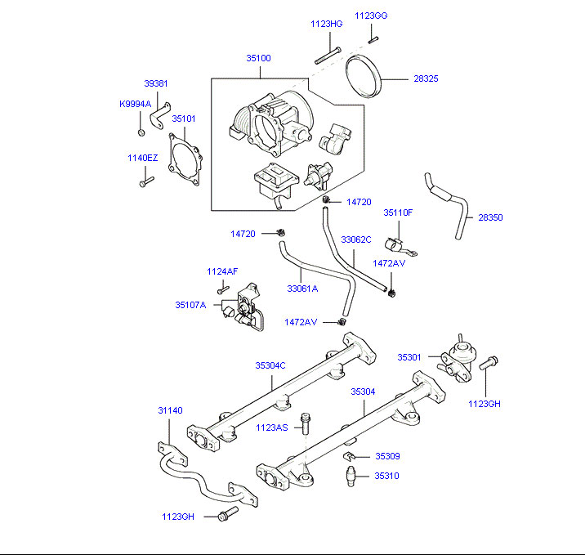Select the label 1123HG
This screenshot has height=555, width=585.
326,25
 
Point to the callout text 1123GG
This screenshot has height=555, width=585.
371,16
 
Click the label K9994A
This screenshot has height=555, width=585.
135,104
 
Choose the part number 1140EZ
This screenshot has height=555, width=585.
141,159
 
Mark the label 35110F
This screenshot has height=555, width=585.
398,213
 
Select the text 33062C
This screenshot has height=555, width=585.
356,239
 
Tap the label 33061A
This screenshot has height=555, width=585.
302,288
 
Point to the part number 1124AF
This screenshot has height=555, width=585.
222,271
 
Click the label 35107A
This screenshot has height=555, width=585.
190,305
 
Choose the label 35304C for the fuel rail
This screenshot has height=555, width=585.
270,365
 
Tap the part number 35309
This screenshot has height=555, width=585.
387,456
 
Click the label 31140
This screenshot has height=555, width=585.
170,410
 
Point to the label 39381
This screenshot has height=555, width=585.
156,83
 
